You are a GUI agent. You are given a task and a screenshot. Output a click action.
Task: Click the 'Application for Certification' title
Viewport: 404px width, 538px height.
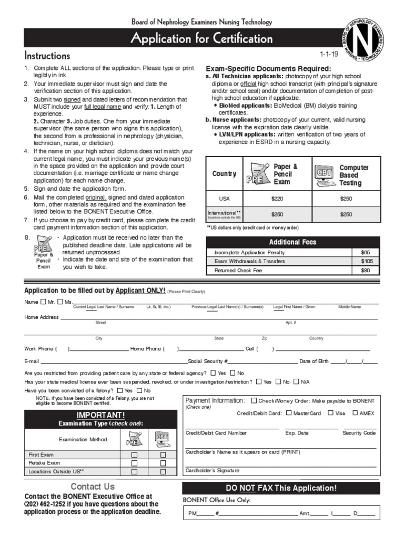coord(201,39)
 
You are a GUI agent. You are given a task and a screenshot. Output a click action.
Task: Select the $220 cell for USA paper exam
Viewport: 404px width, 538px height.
coord(277,199)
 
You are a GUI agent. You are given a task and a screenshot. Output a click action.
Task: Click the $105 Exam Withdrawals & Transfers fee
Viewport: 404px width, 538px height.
coord(366,261)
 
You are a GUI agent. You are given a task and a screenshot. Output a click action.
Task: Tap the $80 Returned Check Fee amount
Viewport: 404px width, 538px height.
coord(366,271)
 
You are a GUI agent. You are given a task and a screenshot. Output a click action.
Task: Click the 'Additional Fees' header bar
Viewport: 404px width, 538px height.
coord(292,242)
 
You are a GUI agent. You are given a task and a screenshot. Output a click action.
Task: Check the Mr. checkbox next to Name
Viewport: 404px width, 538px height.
coord(43,302)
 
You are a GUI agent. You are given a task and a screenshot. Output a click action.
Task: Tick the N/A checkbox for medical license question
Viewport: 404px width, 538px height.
coord(296,381)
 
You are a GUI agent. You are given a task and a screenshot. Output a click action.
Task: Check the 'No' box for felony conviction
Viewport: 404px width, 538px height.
coord(139,391)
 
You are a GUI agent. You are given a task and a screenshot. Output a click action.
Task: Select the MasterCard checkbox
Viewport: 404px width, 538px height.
coord(288,413)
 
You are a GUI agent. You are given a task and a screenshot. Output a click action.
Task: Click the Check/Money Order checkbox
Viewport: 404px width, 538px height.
coord(254,401)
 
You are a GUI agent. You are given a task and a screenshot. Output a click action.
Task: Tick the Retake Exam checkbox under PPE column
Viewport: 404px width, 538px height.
coord(134,463)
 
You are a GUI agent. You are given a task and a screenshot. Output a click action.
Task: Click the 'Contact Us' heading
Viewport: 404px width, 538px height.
coord(93,487)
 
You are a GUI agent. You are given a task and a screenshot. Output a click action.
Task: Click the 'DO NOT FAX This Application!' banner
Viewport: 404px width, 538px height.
coord(280,488)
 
